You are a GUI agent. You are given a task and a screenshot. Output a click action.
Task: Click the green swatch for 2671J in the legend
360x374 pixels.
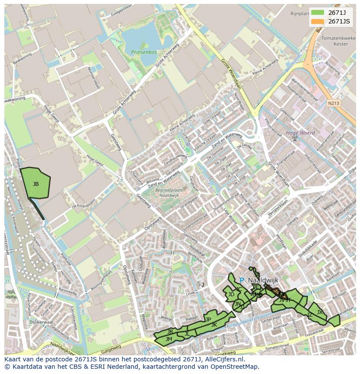pyautogui.click(x=318, y=13)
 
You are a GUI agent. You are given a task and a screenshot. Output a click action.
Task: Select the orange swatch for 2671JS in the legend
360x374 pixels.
pyautogui.click(x=318, y=21)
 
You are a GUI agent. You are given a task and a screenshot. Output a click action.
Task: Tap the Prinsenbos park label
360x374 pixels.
pyautogui.click(x=143, y=52)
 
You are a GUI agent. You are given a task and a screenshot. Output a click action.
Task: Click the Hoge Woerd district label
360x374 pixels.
pyautogui.click(x=300, y=133)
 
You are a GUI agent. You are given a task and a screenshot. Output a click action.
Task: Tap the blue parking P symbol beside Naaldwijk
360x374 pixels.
pyautogui.click(x=242, y=281)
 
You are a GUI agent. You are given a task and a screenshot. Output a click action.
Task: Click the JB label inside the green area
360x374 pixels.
pyautogui.click(x=36, y=184)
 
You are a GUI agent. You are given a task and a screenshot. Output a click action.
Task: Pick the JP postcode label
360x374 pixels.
pyautogui.click(x=208, y=319)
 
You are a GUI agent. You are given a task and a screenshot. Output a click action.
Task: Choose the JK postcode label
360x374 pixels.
pyautogui.click(x=214, y=324)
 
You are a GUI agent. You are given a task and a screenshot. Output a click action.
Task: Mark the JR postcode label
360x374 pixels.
pyautogui.click(x=170, y=331)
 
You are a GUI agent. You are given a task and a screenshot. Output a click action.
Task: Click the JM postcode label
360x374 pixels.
pyautogui.click(x=169, y=339)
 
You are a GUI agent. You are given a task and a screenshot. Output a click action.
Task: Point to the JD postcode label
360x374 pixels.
pyautogui.click(x=231, y=295)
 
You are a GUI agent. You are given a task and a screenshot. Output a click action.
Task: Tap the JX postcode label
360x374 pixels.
pyautogui.click(x=320, y=312)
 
